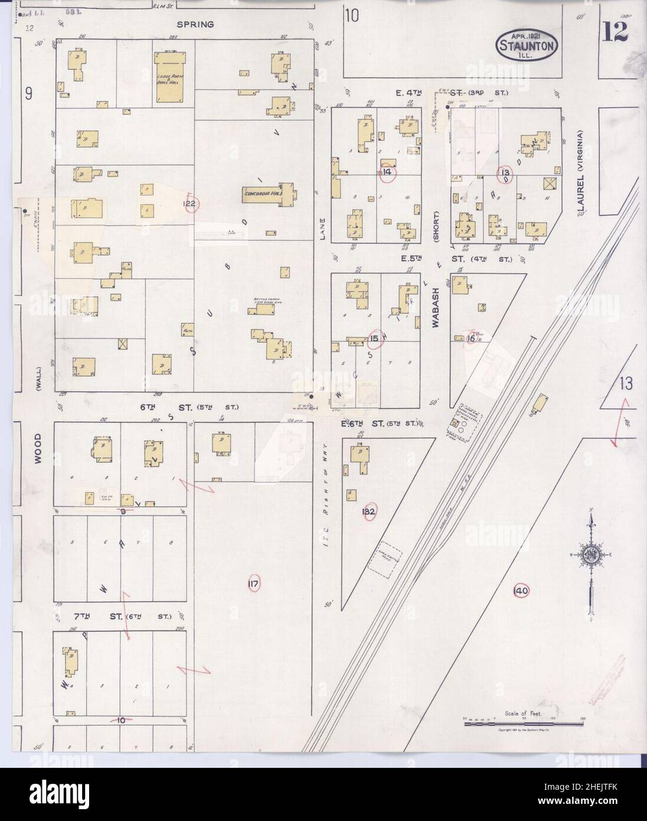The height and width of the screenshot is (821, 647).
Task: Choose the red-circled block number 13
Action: (505, 173)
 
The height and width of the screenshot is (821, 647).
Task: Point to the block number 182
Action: (370, 511)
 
